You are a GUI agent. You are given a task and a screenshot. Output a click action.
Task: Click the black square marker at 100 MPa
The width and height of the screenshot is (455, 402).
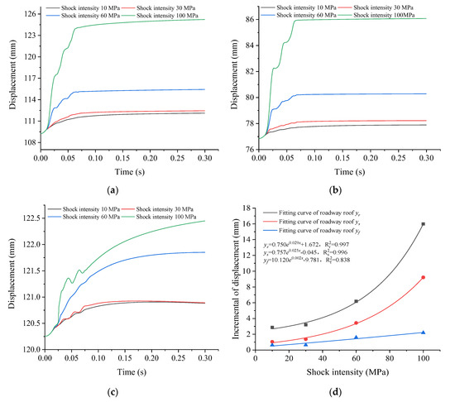tap(423, 224)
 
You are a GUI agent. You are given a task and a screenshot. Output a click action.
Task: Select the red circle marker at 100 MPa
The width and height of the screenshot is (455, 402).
tap(423, 277)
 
